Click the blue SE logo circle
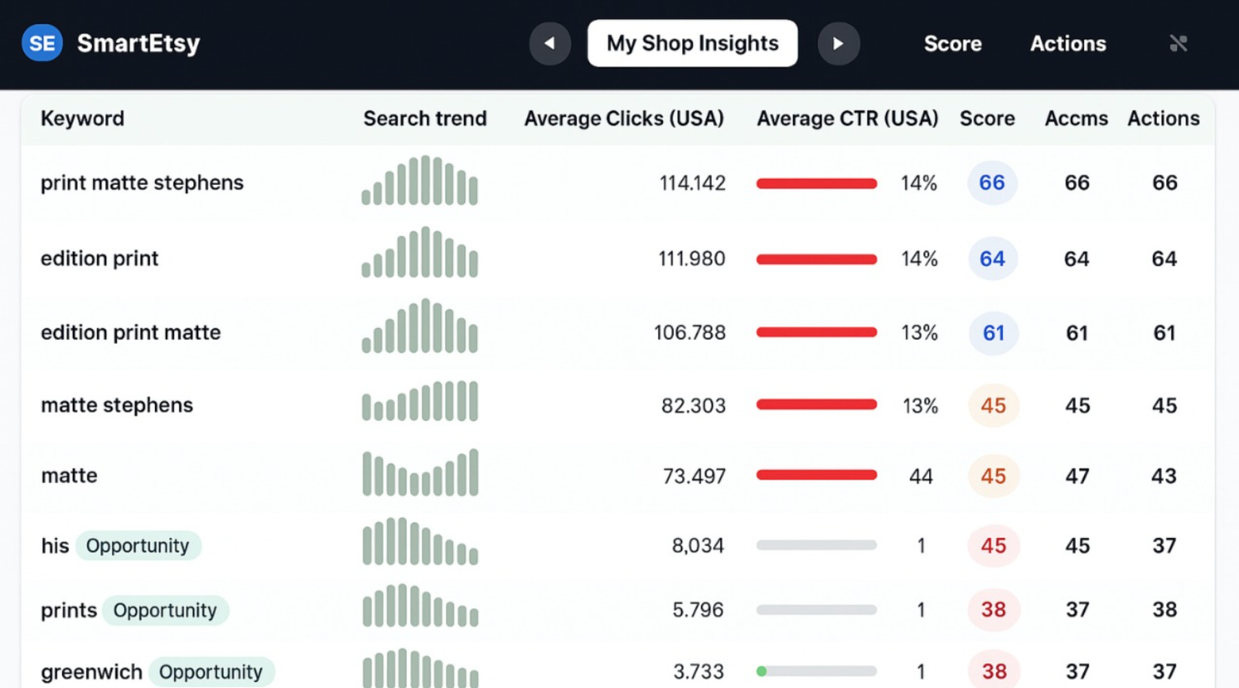42,43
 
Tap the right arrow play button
838,43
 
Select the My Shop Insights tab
692,43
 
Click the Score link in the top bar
952,43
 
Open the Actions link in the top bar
1068,43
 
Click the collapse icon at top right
1178,43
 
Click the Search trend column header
425,118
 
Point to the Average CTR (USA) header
847,118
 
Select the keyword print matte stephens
142,182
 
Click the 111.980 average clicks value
691,259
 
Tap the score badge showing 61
993,333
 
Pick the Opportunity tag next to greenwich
211,671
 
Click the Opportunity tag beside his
138,546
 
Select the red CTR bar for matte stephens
816,405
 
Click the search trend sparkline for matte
420,473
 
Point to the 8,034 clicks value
697,546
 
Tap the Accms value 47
1077,476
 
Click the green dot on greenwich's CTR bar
761,671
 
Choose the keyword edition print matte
131,332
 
